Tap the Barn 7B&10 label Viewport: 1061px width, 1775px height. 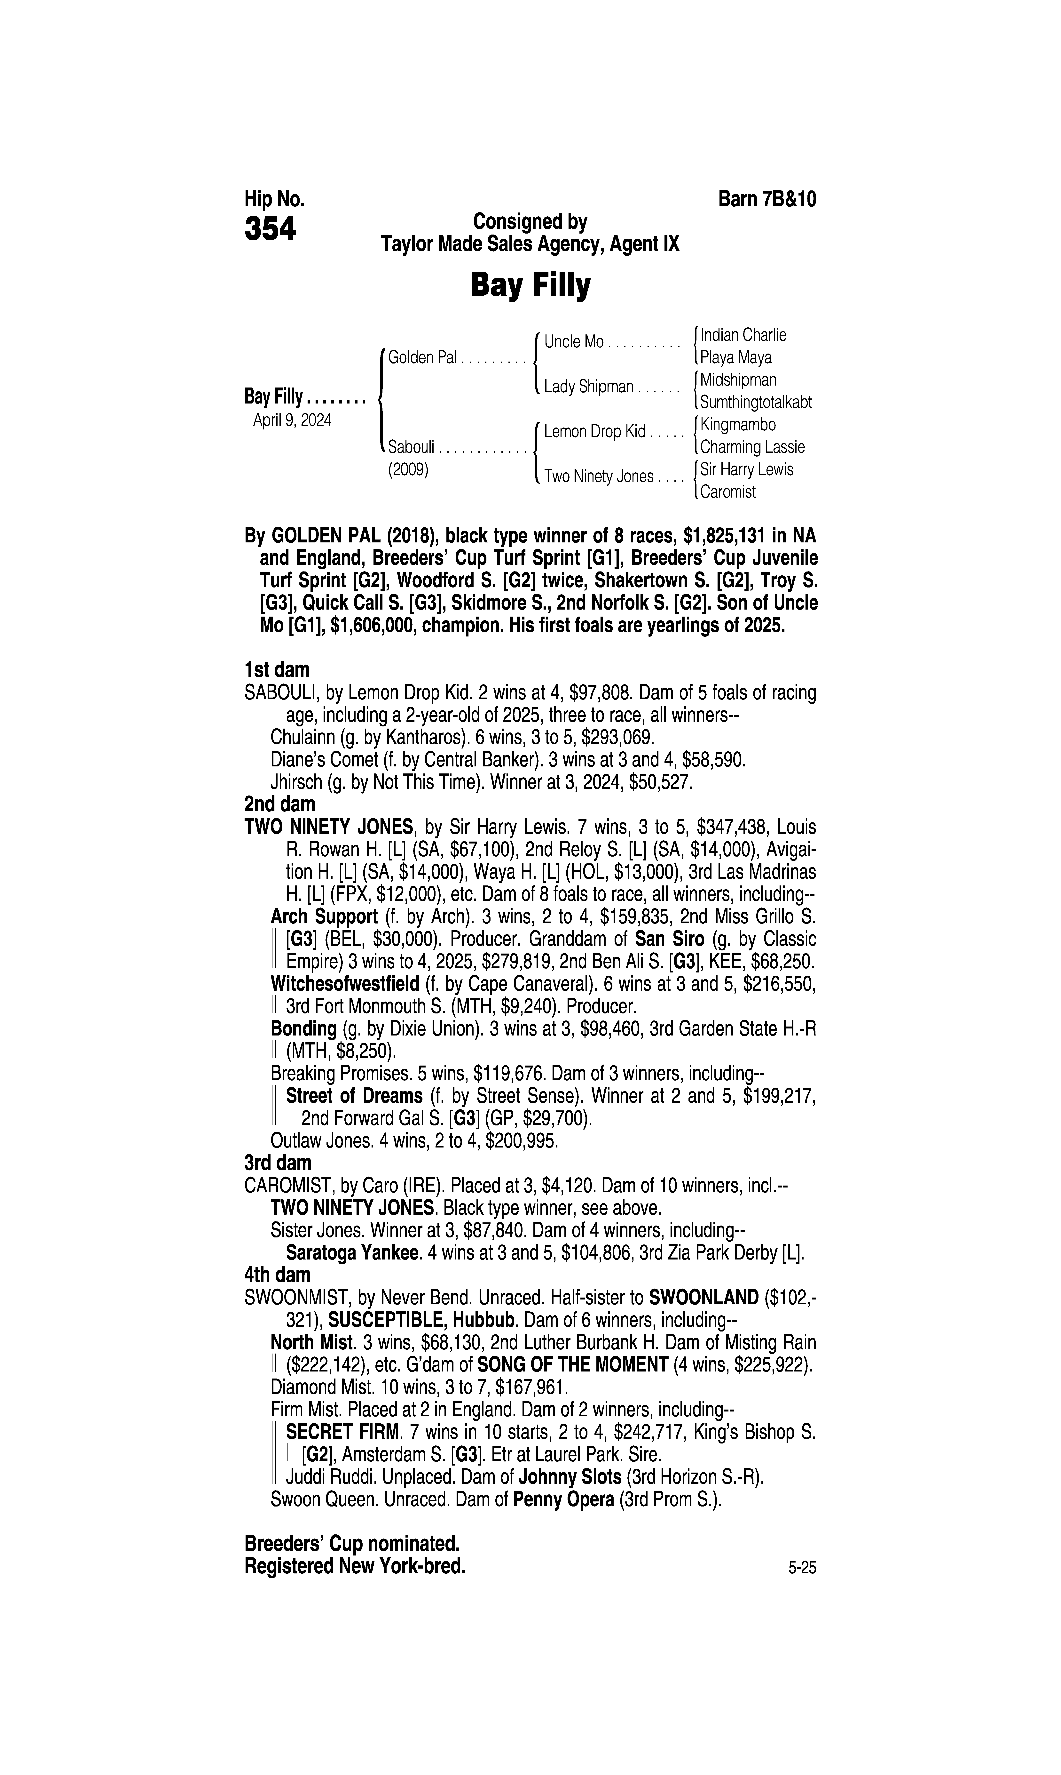(x=766, y=199)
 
